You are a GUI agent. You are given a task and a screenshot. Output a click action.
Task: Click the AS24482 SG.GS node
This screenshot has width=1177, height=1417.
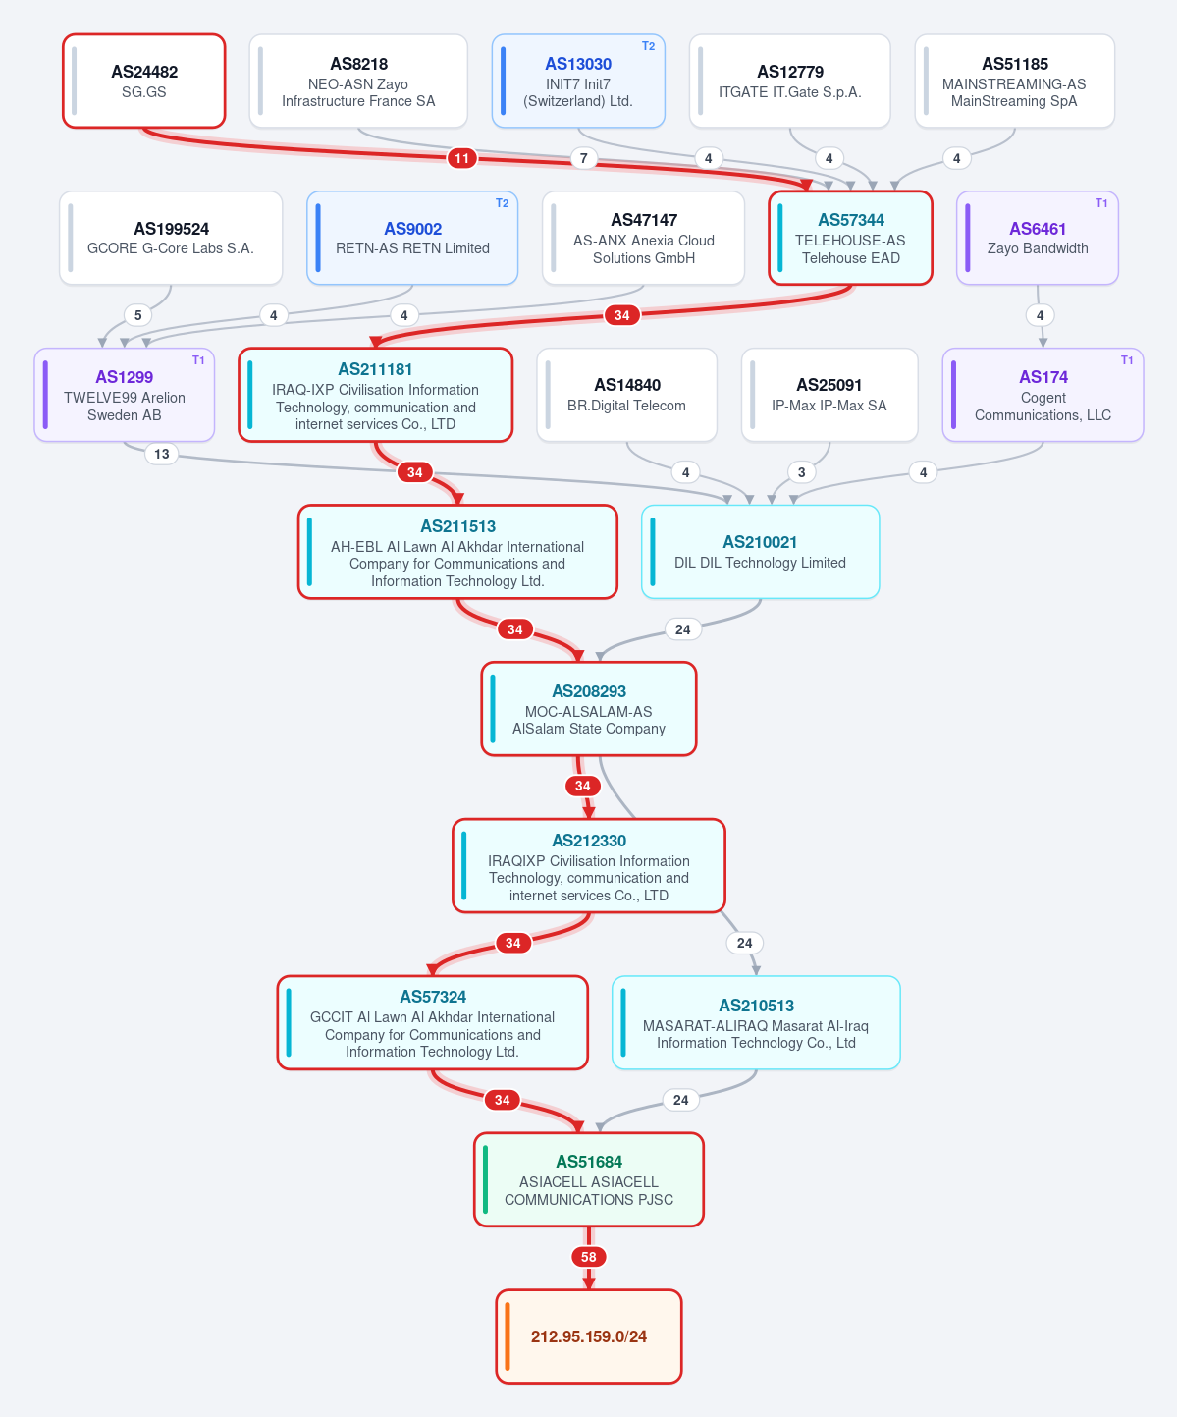(x=144, y=81)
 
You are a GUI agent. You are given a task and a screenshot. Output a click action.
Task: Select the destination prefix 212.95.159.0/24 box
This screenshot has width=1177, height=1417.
(x=588, y=1336)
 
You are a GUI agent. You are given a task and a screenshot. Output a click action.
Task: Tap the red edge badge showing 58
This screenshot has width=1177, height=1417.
(x=588, y=1257)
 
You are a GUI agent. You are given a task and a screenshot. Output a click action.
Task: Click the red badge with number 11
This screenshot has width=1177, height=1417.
(x=462, y=158)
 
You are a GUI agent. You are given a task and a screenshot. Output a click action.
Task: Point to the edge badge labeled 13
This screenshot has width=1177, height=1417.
(x=161, y=454)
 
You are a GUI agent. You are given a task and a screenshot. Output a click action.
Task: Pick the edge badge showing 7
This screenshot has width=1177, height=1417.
(x=583, y=158)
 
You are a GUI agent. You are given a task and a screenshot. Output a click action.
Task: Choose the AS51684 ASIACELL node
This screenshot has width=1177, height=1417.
(x=588, y=1179)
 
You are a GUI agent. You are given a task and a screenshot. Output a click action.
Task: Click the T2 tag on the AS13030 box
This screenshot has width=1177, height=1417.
(x=648, y=46)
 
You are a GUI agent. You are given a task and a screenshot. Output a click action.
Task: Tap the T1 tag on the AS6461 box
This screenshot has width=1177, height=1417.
(x=1101, y=203)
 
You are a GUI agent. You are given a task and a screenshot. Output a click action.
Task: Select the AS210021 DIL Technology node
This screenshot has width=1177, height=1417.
(x=760, y=552)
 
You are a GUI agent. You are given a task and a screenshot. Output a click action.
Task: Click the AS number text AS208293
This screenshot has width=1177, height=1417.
(x=589, y=691)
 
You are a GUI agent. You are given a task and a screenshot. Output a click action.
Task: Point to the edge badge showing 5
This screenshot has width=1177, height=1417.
(x=137, y=315)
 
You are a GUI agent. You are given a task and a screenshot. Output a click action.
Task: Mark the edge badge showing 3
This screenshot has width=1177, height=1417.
(x=801, y=471)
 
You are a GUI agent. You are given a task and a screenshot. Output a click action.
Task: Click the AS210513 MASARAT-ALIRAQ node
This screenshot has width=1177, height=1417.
(x=756, y=1022)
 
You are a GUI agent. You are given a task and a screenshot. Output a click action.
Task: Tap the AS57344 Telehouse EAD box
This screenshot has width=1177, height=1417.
(x=850, y=238)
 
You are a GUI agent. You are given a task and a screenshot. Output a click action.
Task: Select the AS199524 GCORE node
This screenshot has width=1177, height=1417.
(x=171, y=238)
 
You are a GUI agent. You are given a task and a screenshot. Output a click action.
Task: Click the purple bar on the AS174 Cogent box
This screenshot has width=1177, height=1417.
(x=953, y=395)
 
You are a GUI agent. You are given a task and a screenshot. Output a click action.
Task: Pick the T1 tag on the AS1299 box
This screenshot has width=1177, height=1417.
(x=198, y=360)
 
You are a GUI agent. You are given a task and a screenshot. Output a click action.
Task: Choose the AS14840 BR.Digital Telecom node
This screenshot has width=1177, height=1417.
(x=626, y=395)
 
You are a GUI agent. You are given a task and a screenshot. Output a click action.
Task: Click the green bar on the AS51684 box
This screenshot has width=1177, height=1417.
(x=485, y=1179)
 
